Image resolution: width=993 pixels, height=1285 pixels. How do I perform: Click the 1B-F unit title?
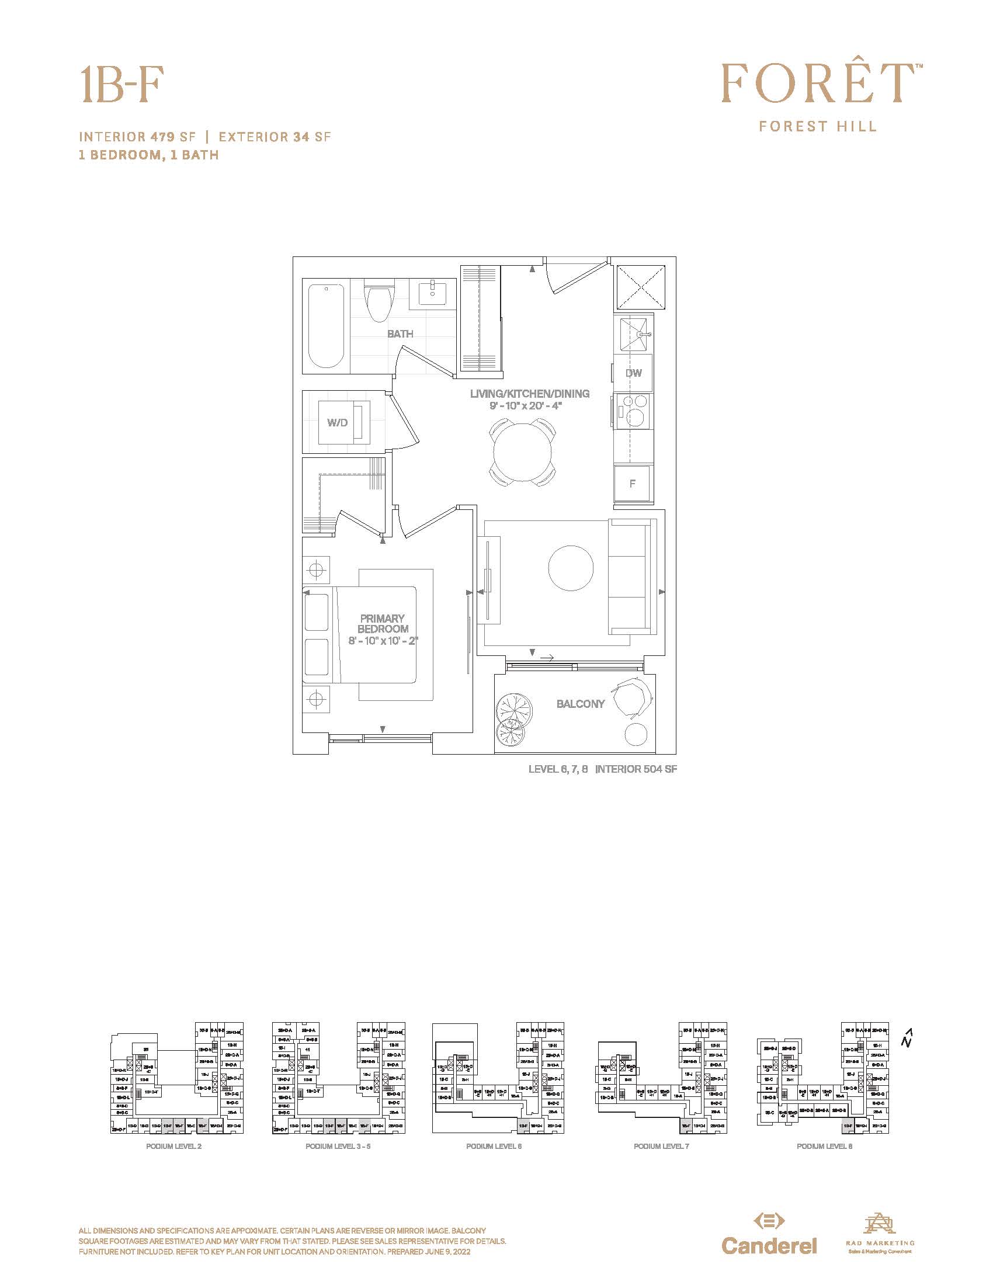click(121, 85)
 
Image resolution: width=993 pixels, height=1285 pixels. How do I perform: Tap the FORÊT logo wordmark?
click(817, 84)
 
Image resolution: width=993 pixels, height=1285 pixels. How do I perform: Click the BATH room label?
click(400, 334)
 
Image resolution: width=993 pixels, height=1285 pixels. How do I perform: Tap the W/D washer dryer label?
click(338, 422)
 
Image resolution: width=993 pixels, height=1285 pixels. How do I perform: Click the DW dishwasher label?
click(633, 373)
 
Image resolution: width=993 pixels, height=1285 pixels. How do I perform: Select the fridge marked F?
click(633, 484)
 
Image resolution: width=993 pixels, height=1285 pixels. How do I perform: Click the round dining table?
click(522, 452)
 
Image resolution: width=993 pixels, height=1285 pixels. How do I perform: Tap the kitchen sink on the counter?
click(633, 334)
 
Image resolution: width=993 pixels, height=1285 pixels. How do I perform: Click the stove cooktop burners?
click(633, 410)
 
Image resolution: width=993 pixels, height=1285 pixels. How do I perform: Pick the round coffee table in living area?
click(571, 568)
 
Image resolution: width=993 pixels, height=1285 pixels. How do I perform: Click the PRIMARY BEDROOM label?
click(383, 624)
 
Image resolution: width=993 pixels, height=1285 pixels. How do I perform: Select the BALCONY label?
click(580, 704)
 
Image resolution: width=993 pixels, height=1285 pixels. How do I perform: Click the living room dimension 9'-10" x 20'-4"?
click(529, 405)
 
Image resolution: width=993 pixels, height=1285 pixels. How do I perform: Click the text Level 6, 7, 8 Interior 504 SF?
click(602, 769)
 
